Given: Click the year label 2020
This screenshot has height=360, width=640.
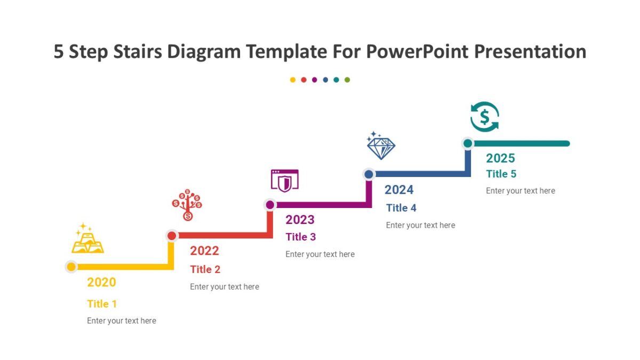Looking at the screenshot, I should pos(101,282).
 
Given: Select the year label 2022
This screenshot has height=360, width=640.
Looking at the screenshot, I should pos(204,251).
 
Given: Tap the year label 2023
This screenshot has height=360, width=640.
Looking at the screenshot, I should pos(300,220).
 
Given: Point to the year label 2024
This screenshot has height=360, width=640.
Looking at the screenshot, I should pos(399,190).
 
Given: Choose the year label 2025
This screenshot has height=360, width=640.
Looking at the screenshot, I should pos(500,158).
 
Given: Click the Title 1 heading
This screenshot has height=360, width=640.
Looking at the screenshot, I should pos(102,304).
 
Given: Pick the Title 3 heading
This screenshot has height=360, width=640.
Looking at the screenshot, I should pos(301,237).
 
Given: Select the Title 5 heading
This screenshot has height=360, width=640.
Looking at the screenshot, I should pos(501,174).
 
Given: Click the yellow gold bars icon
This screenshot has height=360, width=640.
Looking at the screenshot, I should pos(87,239).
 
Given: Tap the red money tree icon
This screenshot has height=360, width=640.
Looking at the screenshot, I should pos(187,205).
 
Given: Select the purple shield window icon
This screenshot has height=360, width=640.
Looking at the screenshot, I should pos(285,181).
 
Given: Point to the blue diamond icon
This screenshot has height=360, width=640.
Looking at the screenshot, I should pos(381,146).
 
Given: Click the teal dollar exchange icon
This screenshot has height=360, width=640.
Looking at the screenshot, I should pos(484,117).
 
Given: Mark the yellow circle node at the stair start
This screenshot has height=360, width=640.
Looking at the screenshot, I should pos(71,267).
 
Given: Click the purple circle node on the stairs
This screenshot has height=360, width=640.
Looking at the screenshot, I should pos(270,205).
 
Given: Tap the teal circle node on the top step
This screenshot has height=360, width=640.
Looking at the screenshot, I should pos(468,143).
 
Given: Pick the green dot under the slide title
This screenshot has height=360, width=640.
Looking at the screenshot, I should pos(347,80).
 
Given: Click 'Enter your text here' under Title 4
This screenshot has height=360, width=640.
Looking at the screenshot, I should pos(420,225).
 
